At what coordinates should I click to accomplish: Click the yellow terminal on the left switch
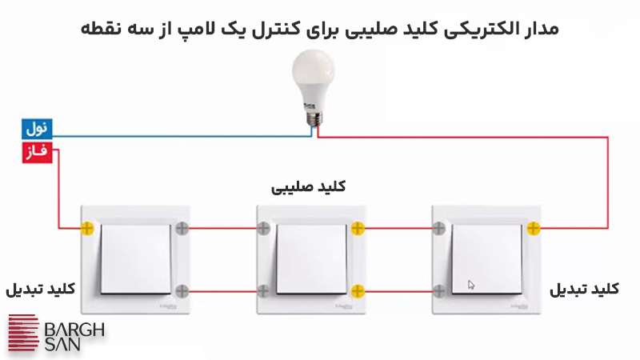click(x=87, y=229)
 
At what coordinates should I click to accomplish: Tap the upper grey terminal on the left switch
click(x=183, y=229)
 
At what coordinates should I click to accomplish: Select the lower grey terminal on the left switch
click(x=183, y=290)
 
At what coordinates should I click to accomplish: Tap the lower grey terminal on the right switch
click(x=438, y=290)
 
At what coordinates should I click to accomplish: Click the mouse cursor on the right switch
click(x=471, y=284)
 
